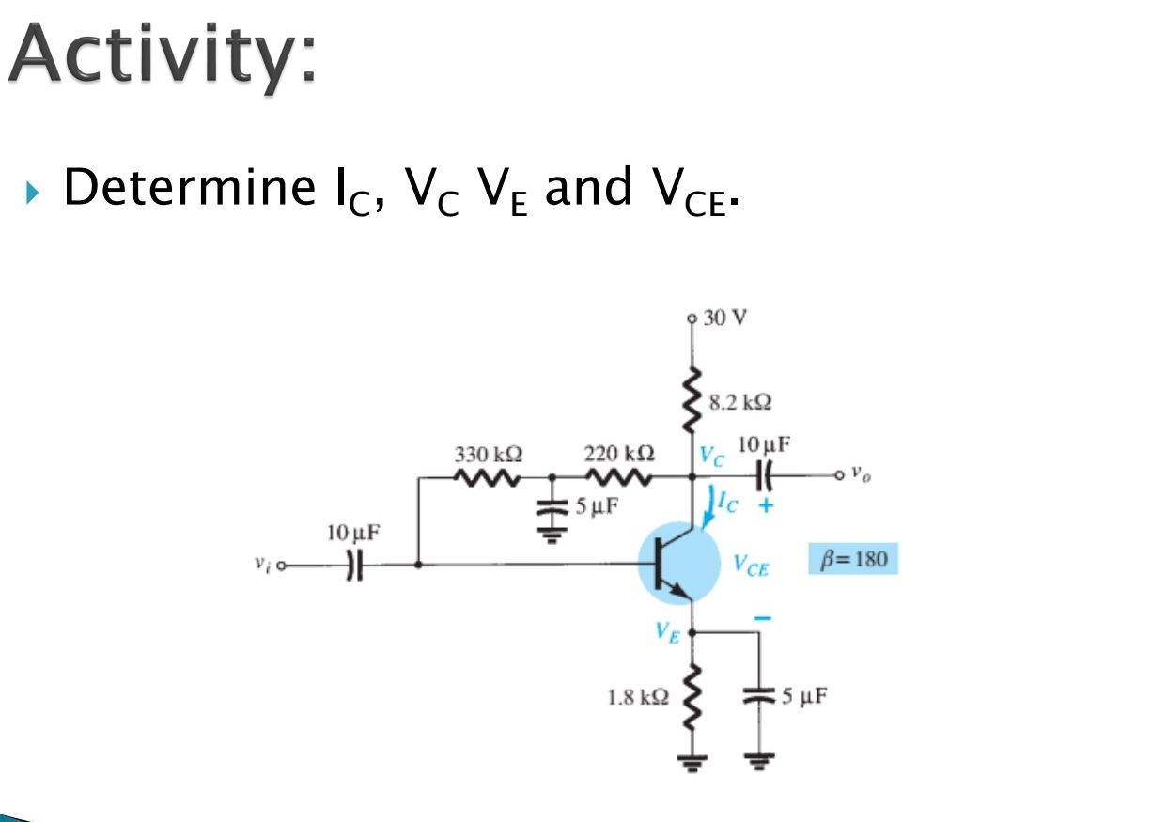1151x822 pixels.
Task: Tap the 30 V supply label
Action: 724,318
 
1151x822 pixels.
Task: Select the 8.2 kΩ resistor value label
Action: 740,402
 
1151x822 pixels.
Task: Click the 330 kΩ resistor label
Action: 489,454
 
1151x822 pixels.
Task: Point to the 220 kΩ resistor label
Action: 619,453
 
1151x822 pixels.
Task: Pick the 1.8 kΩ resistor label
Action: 638,698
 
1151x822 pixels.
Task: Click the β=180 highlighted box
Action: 853,558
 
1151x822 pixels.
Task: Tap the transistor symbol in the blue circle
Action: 678,564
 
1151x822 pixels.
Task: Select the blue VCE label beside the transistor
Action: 751,566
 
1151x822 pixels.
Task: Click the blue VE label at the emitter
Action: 667,632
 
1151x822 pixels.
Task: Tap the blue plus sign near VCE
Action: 766,505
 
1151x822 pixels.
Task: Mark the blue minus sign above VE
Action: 763,618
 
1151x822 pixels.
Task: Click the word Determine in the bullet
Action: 189,187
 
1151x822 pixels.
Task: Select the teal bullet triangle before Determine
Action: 32,193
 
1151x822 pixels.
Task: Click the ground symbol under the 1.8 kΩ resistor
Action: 692,762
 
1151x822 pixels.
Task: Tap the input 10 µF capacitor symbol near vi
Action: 354,566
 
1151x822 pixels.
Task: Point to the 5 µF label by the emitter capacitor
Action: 804,696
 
